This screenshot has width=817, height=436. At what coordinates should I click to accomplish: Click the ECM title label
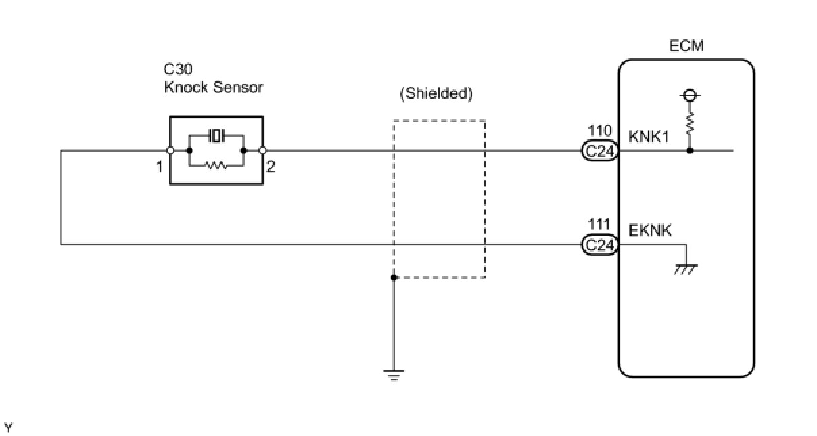tap(686, 46)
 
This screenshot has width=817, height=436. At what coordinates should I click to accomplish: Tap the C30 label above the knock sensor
tap(178, 69)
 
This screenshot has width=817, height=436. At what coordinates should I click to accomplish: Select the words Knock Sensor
tap(213, 87)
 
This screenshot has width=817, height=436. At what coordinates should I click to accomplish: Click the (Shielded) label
tap(436, 93)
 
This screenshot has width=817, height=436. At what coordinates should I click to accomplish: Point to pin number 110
tap(600, 131)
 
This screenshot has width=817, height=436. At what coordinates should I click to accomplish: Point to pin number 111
tap(599, 224)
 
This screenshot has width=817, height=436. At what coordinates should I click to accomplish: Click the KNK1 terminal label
tap(649, 137)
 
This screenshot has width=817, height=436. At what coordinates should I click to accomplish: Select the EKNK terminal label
tap(649, 230)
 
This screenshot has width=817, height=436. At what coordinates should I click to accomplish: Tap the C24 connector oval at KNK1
tap(600, 151)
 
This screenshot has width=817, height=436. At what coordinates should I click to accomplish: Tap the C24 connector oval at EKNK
tap(600, 244)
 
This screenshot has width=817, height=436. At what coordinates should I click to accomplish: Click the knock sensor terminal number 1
tap(160, 167)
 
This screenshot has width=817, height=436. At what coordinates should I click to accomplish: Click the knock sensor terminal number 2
tap(271, 167)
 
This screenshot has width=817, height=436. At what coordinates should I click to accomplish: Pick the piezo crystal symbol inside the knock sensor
tap(216, 135)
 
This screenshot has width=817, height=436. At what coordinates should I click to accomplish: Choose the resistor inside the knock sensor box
tap(216, 166)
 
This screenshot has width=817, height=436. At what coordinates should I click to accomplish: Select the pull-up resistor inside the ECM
tap(689, 124)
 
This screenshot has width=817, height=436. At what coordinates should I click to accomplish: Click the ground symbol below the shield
tap(394, 375)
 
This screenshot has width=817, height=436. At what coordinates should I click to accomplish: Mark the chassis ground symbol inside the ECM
tap(686, 269)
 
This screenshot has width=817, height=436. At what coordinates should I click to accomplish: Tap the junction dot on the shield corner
tap(394, 278)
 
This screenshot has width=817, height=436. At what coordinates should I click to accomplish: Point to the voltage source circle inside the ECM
tap(689, 95)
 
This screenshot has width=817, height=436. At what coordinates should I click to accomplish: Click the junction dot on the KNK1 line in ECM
tap(690, 150)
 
